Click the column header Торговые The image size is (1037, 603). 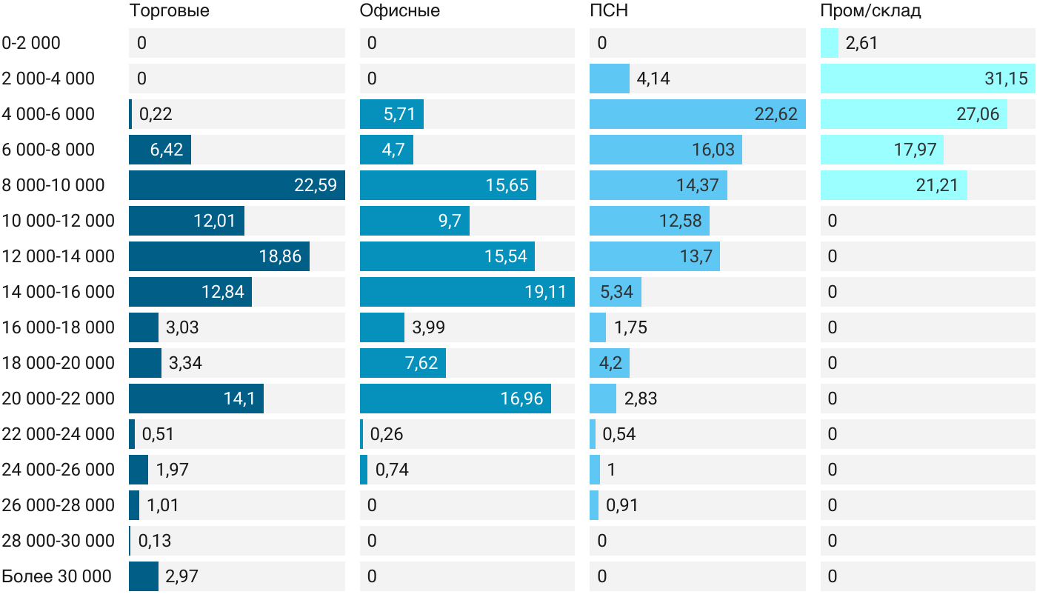click(x=169, y=10)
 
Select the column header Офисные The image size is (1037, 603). click(x=399, y=10)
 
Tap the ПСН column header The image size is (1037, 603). click(x=609, y=10)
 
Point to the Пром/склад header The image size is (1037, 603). click(x=870, y=10)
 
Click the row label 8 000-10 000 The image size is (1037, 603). click(x=53, y=185)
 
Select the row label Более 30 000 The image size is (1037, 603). click(x=56, y=576)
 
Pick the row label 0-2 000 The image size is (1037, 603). click(x=31, y=43)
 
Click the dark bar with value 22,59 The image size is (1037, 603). click(x=237, y=185)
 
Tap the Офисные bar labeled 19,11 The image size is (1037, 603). click(x=467, y=292)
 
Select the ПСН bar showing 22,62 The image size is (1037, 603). click(x=698, y=114)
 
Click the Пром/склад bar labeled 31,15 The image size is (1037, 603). click(x=927, y=79)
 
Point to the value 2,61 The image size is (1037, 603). click(x=861, y=43)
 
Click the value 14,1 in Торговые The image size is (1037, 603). click(x=239, y=399)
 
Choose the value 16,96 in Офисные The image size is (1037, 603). click(x=521, y=399)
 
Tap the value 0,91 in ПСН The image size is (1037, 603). click(x=621, y=504)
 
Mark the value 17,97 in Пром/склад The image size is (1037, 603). click(x=916, y=150)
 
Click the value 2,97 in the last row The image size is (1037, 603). click(x=181, y=576)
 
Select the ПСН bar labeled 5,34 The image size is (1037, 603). click(x=616, y=292)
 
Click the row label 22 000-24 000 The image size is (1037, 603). click(x=59, y=434)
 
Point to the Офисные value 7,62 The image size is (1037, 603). click(x=421, y=363)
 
